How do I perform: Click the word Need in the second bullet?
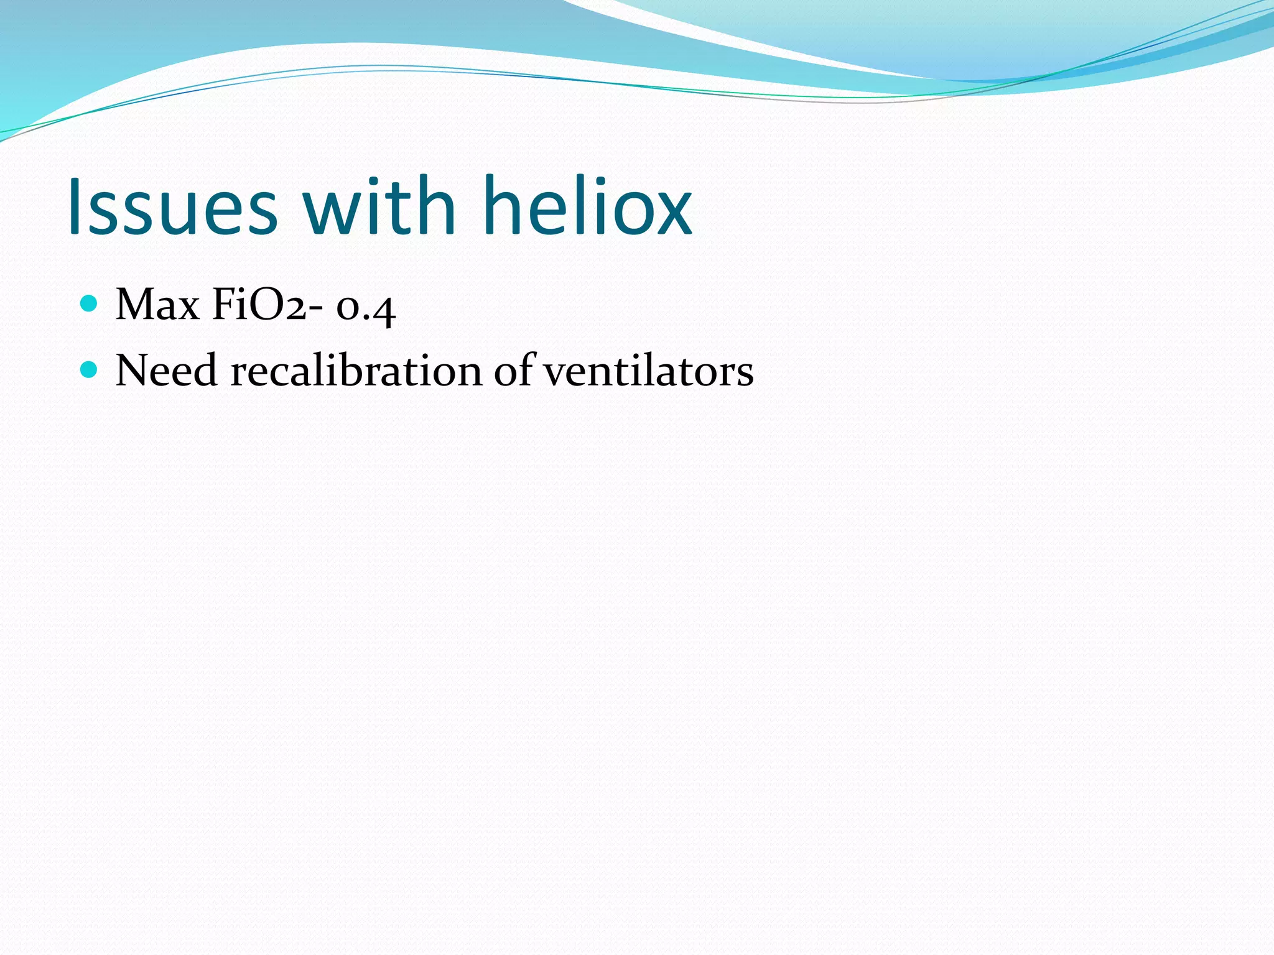(166, 371)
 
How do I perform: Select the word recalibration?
(356, 371)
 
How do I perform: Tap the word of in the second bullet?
(514, 371)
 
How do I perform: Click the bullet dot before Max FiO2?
(90, 303)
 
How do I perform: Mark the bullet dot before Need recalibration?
(90, 370)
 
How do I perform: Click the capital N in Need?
(132, 371)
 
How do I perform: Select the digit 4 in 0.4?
(383, 309)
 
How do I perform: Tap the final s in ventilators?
(745, 374)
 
